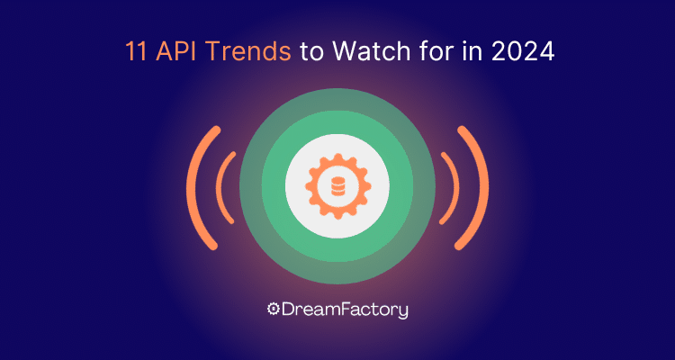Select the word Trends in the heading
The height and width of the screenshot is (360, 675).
[247, 51]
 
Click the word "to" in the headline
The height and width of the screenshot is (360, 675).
[310, 52]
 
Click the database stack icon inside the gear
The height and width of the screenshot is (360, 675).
[337, 186]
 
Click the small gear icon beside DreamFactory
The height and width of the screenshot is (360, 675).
[274, 309]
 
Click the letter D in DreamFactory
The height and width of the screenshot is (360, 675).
[288, 310]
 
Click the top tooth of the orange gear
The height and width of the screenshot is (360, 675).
[337, 157]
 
